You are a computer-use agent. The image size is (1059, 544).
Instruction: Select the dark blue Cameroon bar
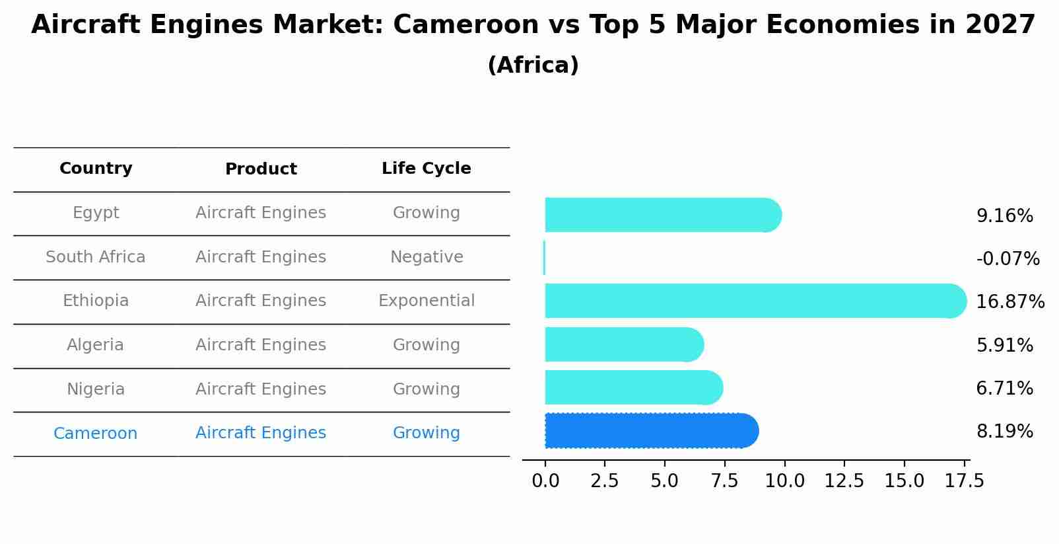tap(650, 431)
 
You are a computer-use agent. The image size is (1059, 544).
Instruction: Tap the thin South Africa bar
tap(544, 258)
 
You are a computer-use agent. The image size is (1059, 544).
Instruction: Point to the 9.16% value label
tap(1004, 216)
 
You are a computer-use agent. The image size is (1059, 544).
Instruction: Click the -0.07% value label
tap(1008, 259)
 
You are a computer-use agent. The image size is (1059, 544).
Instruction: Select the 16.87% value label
tap(1009, 302)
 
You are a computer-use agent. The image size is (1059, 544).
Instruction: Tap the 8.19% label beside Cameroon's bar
tap(1004, 432)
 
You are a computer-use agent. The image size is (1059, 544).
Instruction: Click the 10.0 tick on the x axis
tap(784, 481)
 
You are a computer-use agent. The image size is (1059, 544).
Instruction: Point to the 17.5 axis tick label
tap(964, 481)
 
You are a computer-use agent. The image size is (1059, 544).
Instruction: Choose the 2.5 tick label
tap(605, 481)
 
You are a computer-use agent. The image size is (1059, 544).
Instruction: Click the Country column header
tap(96, 169)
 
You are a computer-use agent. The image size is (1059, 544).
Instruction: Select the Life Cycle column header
tap(426, 169)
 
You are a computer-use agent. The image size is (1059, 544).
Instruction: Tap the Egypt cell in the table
tap(96, 213)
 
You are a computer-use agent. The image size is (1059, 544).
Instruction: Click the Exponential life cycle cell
tap(426, 301)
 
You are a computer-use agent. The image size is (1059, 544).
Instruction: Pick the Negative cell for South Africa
tap(426, 257)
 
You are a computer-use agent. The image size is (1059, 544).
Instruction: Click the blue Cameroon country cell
tap(96, 434)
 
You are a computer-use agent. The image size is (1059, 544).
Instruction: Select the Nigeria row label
tap(96, 389)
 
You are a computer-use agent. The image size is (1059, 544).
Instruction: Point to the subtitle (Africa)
tap(533, 65)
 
